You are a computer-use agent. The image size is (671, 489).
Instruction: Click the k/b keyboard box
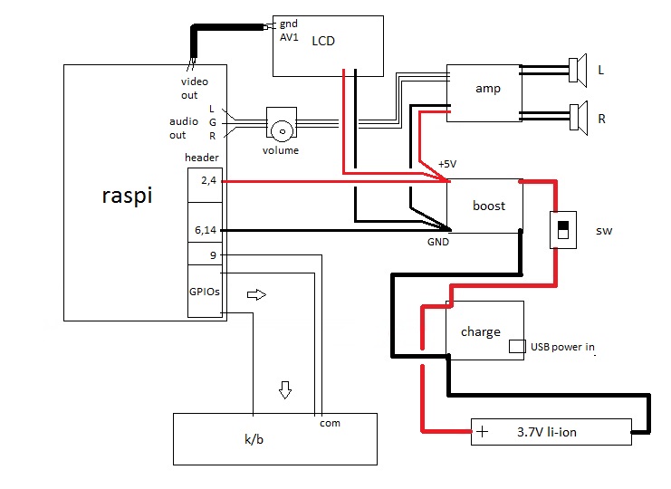(x=273, y=438)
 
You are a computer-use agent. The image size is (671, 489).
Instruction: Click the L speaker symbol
(x=574, y=69)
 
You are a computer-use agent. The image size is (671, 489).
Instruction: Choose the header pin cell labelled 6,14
(x=205, y=230)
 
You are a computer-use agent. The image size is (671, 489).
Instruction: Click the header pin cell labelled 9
(x=205, y=254)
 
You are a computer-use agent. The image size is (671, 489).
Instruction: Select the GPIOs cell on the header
(x=205, y=292)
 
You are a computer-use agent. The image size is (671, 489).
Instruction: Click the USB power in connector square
(x=517, y=346)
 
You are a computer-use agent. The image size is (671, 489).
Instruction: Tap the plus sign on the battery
(x=482, y=432)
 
